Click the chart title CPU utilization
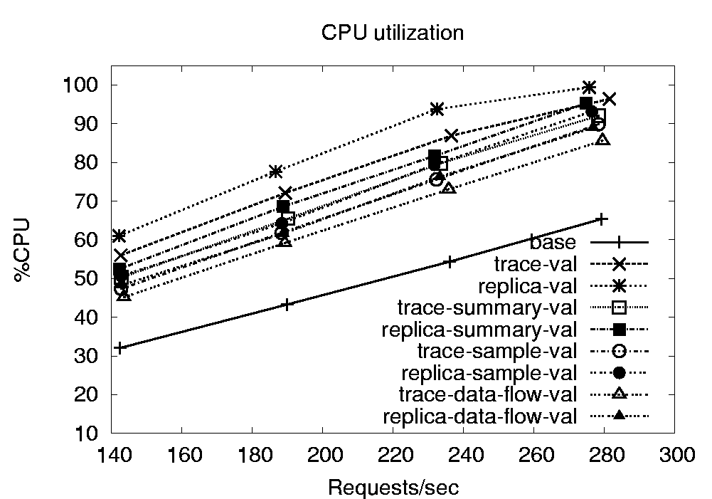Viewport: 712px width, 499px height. (393, 33)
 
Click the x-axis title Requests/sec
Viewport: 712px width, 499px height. (393, 488)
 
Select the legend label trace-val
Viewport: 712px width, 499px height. (533, 264)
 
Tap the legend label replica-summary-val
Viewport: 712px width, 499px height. (479, 330)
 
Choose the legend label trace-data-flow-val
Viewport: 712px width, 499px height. (487, 394)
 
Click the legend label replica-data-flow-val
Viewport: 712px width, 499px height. (479, 416)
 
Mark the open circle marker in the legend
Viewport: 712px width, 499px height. (619, 351)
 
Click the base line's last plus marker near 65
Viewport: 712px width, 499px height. (602, 219)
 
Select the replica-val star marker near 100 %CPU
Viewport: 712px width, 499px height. (588, 87)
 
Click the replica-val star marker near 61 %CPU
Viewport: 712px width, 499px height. (119, 236)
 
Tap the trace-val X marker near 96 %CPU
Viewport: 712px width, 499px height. (609, 99)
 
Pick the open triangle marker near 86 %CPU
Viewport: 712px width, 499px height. (603, 140)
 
